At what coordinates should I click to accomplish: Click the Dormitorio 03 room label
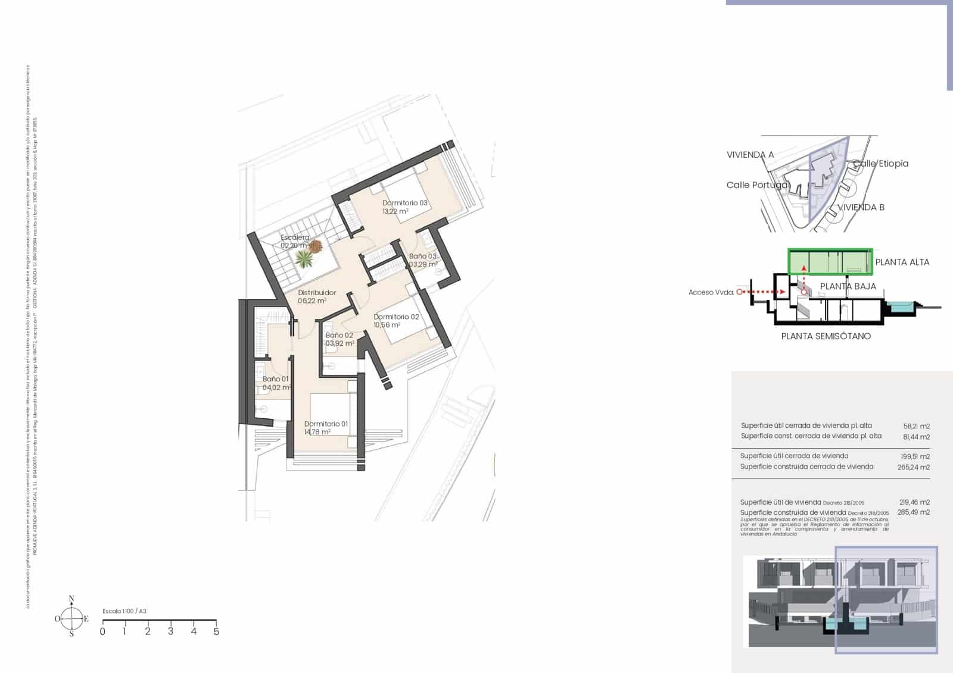coord(405,203)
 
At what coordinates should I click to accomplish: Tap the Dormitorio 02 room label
coord(396,317)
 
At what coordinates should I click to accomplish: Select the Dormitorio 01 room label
coord(326,424)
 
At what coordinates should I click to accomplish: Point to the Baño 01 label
coord(276,379)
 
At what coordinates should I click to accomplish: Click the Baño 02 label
coord(339,336)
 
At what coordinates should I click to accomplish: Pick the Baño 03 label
coord(422,256)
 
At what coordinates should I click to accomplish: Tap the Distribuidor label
coord(317,293)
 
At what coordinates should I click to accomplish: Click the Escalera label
coord(295,238)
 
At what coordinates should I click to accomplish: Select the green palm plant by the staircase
coord(305,258)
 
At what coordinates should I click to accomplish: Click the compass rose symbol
coord(71,618)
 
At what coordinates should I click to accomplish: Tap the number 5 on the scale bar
coord(216,631)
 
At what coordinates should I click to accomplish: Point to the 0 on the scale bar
coord(102,631)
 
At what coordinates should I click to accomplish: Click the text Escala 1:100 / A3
coord(124,611)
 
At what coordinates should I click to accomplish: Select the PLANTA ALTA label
coord(902,262)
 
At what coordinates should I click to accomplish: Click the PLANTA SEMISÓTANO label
coord(826,336)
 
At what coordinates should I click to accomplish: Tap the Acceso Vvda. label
coord(711,292)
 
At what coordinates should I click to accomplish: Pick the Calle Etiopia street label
coord(881,164)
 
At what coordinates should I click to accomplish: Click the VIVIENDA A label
coord(750,155)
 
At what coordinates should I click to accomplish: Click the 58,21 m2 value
coord(916,426)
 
